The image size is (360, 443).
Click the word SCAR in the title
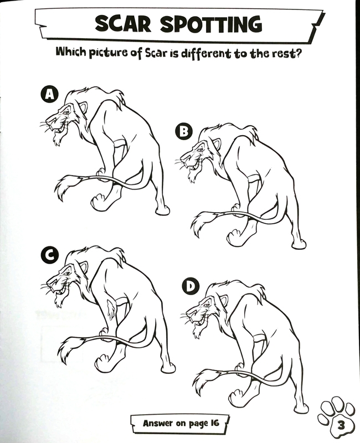pyautogui.click(x=123, y=24)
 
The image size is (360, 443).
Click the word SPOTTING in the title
pyautogui.click(x=212, y=24)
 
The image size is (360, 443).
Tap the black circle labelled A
pyautogui.click(x=50, y=94)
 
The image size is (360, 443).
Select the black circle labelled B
pyautogui.click(x=184, y=131)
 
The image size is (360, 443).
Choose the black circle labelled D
pyautogui.click(x=191, y=287)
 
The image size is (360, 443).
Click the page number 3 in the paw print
pyautogui.click(x=341, y=425)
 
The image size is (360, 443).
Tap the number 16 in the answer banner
pyautogui.click(x=214, y=423)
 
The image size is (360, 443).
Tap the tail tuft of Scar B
pyautogui.click(x=200, y=224)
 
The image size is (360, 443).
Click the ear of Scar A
pyautogui.click(x=83, y=107)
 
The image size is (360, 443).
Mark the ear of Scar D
pyautogui.click(x=223, y=301)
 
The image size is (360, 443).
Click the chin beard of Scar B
pyautogui.click(x=192, y=175)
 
